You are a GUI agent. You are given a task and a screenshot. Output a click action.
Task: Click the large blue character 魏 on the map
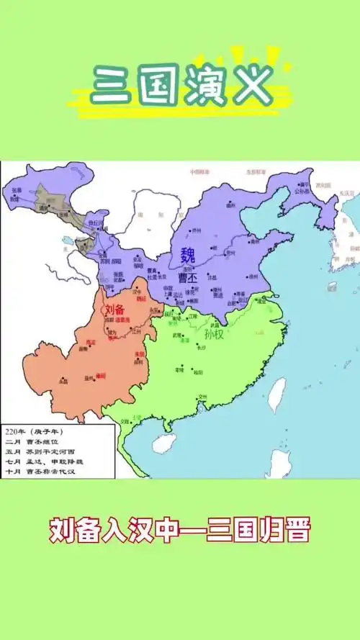tap(188, 254)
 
